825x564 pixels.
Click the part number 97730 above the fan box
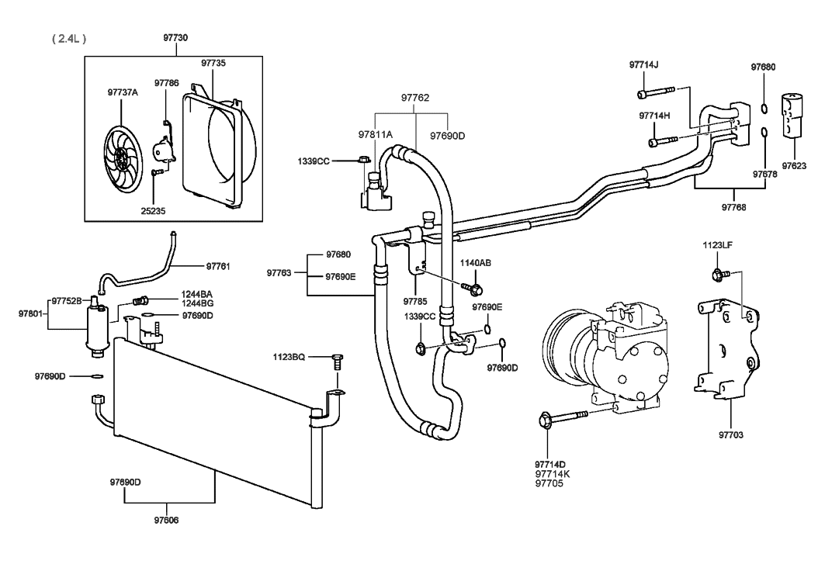175,37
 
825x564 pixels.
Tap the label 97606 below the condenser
166,519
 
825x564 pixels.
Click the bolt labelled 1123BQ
336,361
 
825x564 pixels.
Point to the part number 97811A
376,134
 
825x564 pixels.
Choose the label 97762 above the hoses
415,98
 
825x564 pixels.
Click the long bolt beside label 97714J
657,94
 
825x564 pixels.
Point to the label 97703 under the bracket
731,435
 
